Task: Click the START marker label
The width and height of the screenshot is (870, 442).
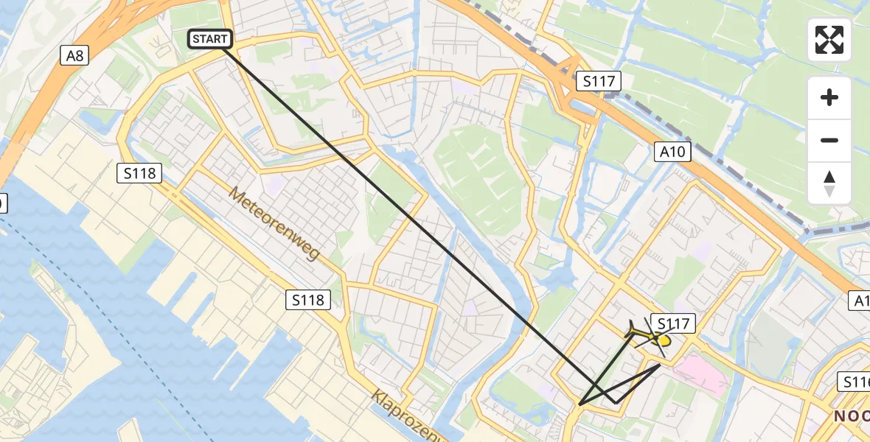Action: tap(211, 39)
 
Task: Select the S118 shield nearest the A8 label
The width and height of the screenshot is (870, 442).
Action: tap(139, 174)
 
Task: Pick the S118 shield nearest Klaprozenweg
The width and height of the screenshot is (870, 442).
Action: tap(307, 300)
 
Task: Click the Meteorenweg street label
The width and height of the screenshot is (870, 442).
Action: tap(274, 222)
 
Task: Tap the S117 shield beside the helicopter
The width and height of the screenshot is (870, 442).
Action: tap(673, 323)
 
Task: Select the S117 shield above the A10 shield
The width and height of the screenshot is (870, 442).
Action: tap(599, 81)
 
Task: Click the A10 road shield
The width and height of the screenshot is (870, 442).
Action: tap(672, 152)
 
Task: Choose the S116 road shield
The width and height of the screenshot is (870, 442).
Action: tap(856, 382)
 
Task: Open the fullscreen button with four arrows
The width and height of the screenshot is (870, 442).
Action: tap(829, 40)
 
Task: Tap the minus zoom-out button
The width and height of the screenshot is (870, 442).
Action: tap(829, 140)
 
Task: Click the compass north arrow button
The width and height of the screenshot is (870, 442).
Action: tap(829, 183)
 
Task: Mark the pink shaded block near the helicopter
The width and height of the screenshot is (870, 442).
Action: tap(701, 373)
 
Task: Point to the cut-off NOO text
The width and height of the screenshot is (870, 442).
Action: tap(851, 416)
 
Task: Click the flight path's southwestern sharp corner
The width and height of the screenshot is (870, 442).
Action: tap(581, 404)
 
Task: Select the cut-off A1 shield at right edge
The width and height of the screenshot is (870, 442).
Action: tap(860, 301)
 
